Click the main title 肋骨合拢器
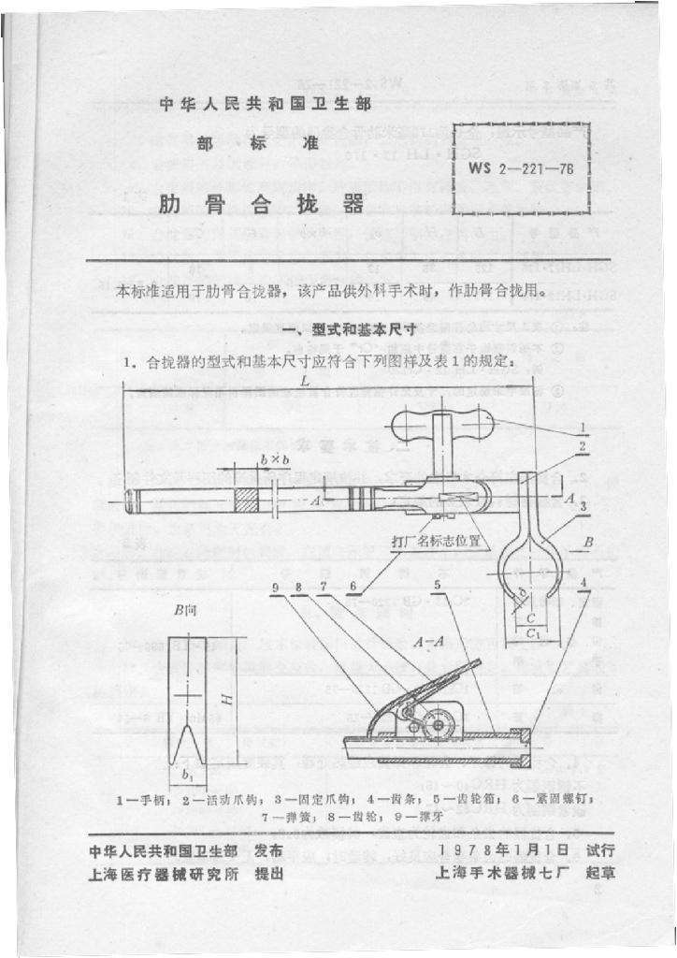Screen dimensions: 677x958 [261, 204]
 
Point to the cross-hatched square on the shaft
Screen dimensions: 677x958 [247, 501]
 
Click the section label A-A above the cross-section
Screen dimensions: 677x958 [433, 642]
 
